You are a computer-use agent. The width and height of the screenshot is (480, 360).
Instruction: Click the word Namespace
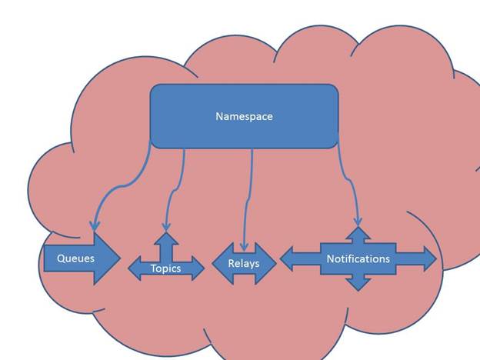[244, 117]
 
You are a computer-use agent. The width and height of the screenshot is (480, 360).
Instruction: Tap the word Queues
[75, 258]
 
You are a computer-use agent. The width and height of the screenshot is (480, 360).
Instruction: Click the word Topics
[165, 268]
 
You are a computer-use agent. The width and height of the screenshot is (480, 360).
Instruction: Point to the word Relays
[243, 263]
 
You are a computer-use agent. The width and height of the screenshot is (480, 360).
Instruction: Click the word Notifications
[358, 258]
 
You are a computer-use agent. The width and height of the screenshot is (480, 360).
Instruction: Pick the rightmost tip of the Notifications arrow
[435, 259]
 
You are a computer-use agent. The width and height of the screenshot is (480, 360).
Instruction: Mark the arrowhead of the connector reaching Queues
[94, 226]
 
